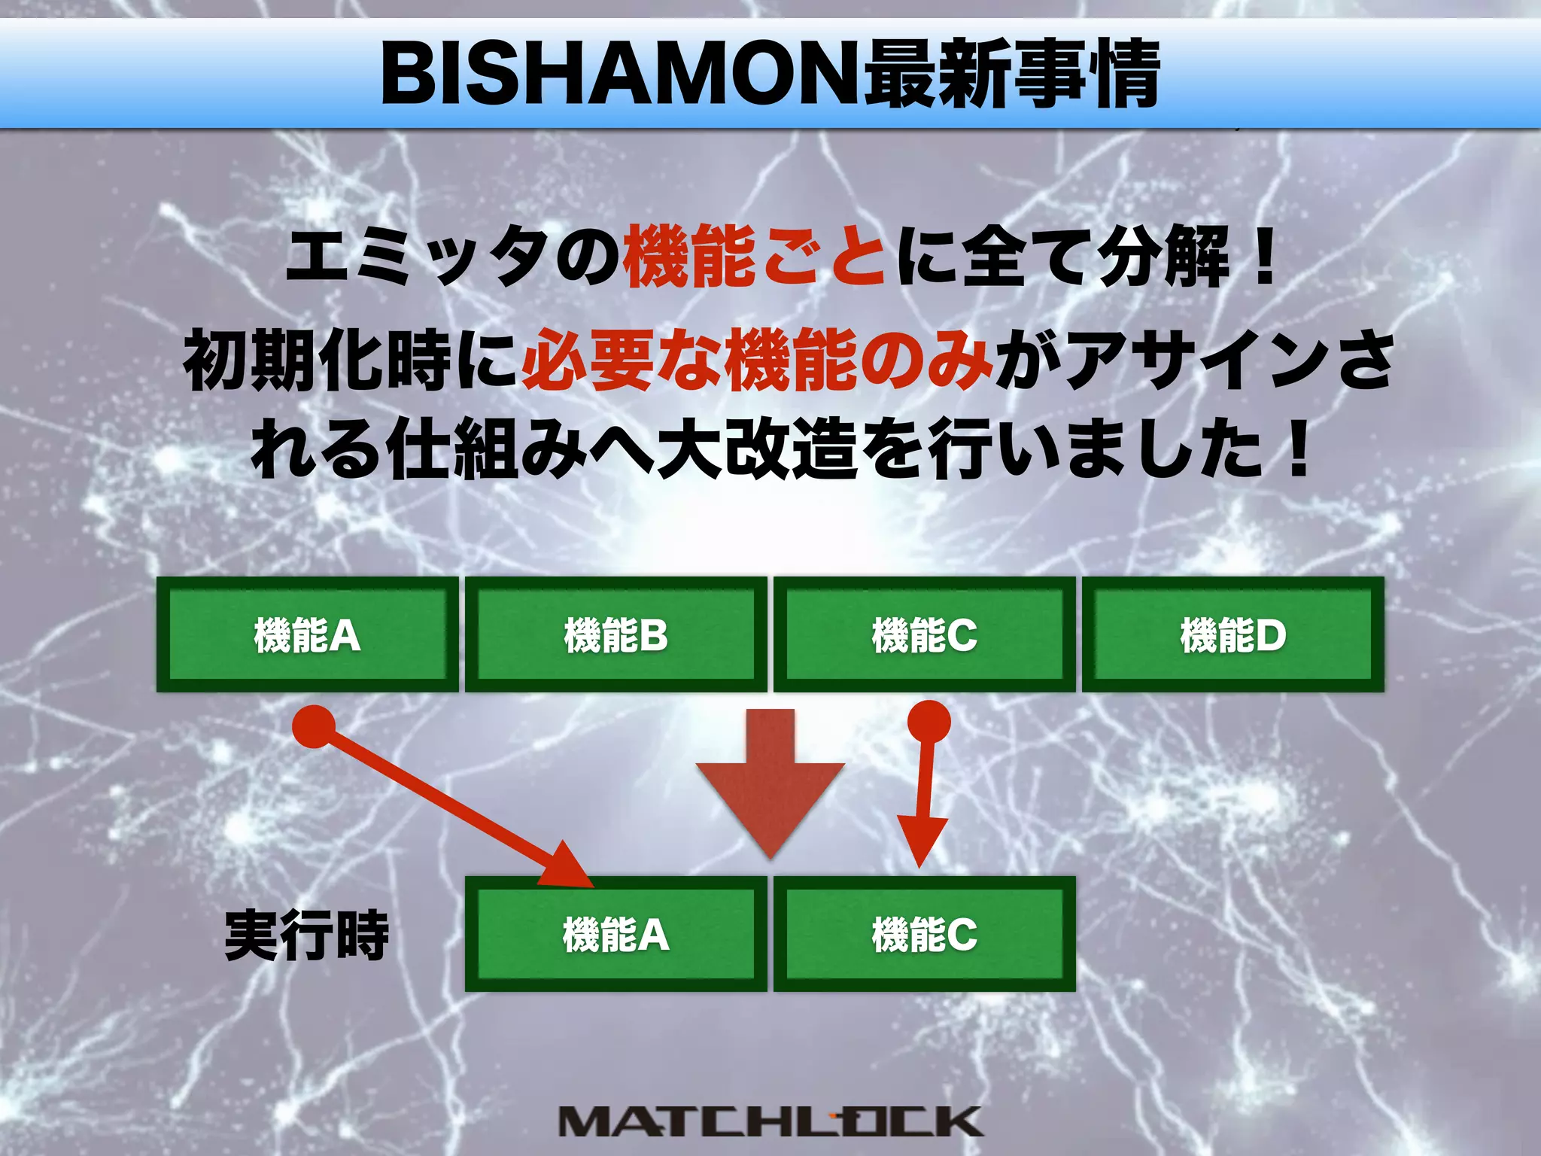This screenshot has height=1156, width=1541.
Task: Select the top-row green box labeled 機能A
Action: [x=307, y=634]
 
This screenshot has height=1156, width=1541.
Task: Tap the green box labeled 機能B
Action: [x=615, y=634]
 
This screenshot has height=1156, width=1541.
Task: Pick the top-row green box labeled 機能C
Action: [x=924, y=634]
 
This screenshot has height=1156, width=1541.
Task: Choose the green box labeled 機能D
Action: [x=1232, y=634]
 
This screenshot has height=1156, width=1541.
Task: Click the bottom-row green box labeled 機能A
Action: [x=615, y=934]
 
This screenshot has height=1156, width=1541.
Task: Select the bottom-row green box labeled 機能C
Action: [x=924, y=934]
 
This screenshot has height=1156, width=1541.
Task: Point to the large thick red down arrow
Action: [x=770, y=783]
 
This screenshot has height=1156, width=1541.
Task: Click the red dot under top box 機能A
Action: [x=314, y=726]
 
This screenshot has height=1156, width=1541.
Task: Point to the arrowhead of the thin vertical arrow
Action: [x=919, y=843]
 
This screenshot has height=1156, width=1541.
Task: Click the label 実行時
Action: [x=307, y=935]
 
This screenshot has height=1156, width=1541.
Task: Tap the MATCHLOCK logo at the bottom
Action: [x=770, y=1121]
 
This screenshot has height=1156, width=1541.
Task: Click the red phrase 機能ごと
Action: [x=755, y=257]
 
